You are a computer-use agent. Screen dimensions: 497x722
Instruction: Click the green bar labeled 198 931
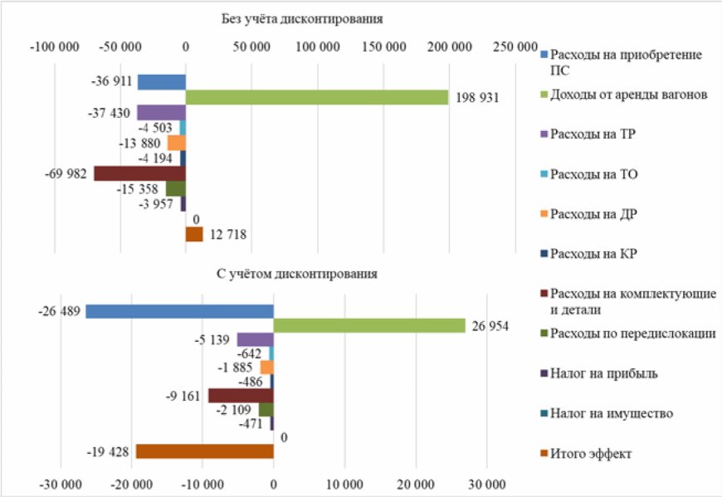(317, 97)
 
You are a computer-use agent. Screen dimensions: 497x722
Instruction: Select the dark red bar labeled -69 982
(139, 173)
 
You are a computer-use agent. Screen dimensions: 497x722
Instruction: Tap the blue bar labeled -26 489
(179, 311)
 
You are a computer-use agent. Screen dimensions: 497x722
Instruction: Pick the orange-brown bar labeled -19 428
(204, 451)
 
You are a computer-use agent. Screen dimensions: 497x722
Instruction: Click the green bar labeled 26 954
(369, 325)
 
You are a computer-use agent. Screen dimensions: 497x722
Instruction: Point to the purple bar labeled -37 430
(161, 113)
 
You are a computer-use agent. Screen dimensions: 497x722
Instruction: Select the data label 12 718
(227, 235)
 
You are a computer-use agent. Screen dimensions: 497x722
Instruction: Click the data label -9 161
(183, 396)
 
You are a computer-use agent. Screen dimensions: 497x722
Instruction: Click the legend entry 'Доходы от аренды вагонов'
(628, 95)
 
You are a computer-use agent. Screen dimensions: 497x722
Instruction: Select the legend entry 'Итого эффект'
(590, 454)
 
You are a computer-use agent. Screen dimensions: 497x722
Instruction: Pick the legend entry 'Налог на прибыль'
(603, 373)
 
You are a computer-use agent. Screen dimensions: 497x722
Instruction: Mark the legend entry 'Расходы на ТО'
(593, 174)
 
